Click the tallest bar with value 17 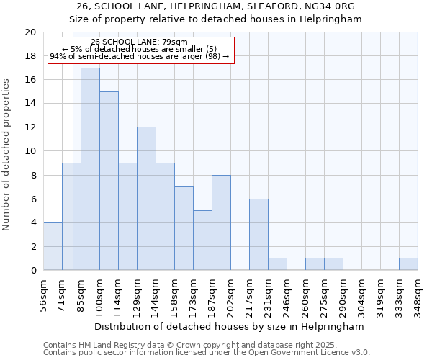[90, 169]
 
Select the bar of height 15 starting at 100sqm [109, 181]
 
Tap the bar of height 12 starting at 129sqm [146, 199]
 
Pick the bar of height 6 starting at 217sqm [258, 235]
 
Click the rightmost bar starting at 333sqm [408, 264]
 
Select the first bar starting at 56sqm [53, 246]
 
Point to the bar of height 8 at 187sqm [221, 222]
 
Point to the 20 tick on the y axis [30, 32]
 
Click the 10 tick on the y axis [30, 151]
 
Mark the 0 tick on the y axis [33, 270]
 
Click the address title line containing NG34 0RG [216, 6]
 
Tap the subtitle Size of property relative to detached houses [216, 19]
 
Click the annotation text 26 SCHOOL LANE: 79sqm [140, 42]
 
